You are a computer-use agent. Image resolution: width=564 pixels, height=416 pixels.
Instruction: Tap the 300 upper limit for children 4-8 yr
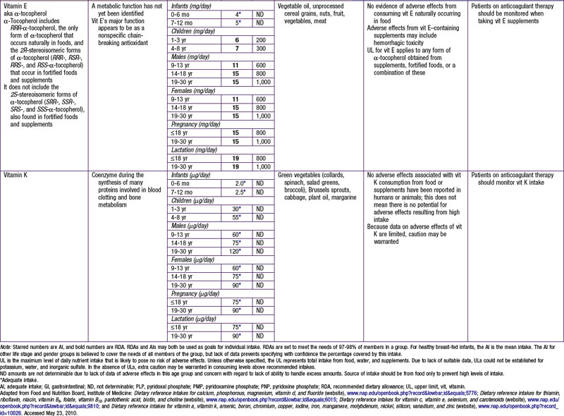pos(261,61)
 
